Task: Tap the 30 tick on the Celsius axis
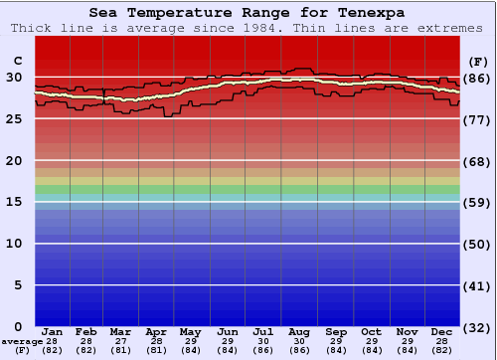click(14, 77)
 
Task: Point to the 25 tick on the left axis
click(14, 118)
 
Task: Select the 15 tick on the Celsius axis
click(14, 202)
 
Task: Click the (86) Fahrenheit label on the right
click(477, 78)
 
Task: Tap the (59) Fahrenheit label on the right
click(477, 203)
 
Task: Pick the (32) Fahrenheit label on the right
click(477, 327)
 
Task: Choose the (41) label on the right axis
click(477, 286)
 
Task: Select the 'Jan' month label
click(53, 331)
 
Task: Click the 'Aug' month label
click(298, 331)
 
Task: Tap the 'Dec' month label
click(442, 331)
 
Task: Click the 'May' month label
click(191, 331)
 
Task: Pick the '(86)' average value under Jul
click(263, 350)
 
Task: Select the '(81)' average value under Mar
click(120, 350)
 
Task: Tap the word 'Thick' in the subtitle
click(31, 28)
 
